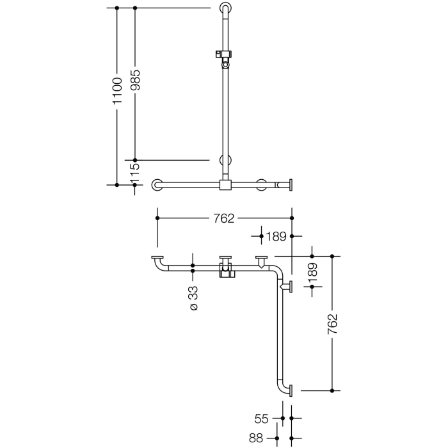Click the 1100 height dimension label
[117, 91]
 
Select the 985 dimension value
[135, 81]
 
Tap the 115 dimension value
[135, 172]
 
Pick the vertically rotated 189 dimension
[312, 273]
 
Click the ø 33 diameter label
[193, 298]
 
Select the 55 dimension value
[261, 419]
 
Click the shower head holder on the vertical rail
[224, 58]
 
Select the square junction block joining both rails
[225, 185]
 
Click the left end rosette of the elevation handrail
[157, 185]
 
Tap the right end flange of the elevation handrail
[291, 185]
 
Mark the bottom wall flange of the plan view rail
[290, 389]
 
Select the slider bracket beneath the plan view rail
[225, 274]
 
